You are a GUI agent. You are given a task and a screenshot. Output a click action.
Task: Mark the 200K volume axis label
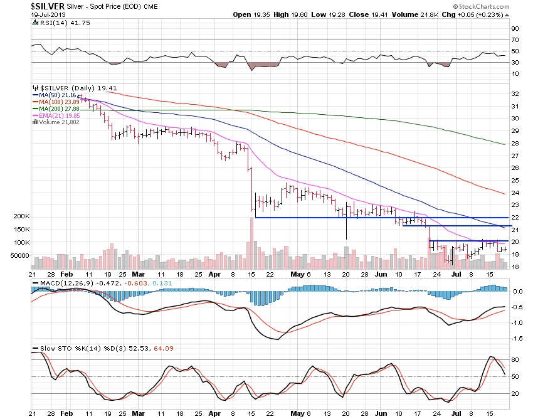click(21, 216)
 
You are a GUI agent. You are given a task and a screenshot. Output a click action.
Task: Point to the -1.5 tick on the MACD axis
click(517, 338)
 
